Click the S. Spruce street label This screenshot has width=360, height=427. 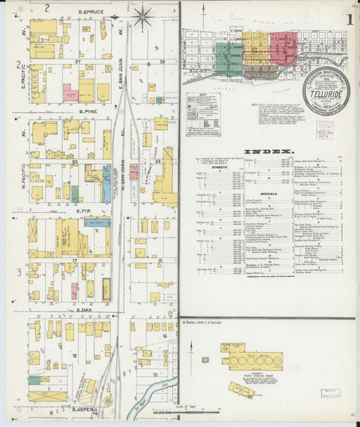tap(88, 12)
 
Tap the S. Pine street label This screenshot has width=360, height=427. tap(88, 110)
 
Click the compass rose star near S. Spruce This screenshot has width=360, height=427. tap(142, 17)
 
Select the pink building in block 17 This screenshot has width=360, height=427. tap(74, 291)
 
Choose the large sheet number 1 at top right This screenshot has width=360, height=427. tap(349, 20)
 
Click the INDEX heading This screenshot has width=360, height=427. tap(268, 151)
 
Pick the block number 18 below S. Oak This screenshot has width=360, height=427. tap(74, 354)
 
